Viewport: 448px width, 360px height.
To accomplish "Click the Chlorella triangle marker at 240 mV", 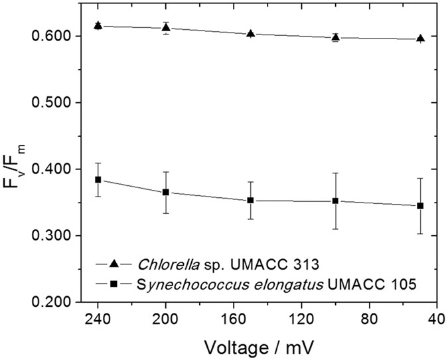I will click(x=98, y=26).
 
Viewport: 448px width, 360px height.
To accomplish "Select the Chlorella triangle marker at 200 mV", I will click(x=166, y=27).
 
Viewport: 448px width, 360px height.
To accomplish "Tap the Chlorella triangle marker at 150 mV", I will click(x=250, y=33).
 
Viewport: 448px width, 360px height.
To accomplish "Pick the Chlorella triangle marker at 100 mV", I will click(x=336, y=37).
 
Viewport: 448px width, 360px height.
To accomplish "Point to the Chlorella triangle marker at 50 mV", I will click(x=420, y=39).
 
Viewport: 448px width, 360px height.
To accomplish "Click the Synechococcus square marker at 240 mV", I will click(x=98, y=180).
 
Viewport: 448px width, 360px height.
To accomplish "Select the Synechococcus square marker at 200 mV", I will click(x=166, y=192).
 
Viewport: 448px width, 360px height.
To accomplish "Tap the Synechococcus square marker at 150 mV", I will click(x=250, y=201).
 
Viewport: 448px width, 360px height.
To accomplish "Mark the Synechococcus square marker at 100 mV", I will click(x=336, y=201).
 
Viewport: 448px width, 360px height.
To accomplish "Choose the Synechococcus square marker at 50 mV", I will click(x=420, y=206).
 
